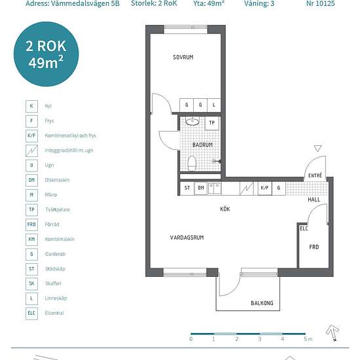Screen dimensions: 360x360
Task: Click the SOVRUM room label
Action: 183,57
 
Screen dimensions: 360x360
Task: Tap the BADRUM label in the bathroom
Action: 202,145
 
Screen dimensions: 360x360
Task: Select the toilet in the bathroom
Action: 192,163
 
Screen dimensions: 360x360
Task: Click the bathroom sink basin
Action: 192,121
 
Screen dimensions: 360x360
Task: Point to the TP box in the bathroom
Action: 211,123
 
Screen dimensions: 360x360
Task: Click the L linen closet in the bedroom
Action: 214,105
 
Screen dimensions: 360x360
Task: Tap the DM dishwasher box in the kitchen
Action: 201,188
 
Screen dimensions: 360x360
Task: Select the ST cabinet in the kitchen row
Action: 187,188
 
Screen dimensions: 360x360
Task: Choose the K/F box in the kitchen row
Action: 264,188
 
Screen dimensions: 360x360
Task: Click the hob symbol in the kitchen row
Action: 247,189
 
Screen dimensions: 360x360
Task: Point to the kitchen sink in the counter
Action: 215,189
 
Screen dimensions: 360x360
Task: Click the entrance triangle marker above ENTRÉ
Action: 317,149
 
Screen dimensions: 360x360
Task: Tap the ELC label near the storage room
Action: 304,228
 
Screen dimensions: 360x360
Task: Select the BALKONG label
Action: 262,303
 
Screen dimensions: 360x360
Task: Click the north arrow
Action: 333,332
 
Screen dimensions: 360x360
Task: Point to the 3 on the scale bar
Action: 259,339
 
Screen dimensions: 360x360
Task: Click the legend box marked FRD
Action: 31,225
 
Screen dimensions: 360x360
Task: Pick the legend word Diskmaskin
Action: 57,180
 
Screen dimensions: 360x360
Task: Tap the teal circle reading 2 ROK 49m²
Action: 46,54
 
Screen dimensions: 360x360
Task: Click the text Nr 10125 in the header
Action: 321,3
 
